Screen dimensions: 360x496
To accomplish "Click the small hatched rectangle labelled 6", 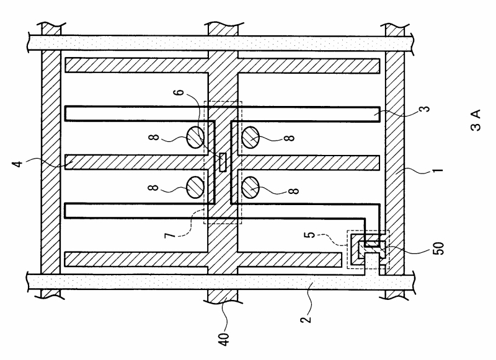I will pyautogui.click(x=223, y=163).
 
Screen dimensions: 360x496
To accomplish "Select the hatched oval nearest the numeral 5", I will pyautogui.click(x=251, y=187).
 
